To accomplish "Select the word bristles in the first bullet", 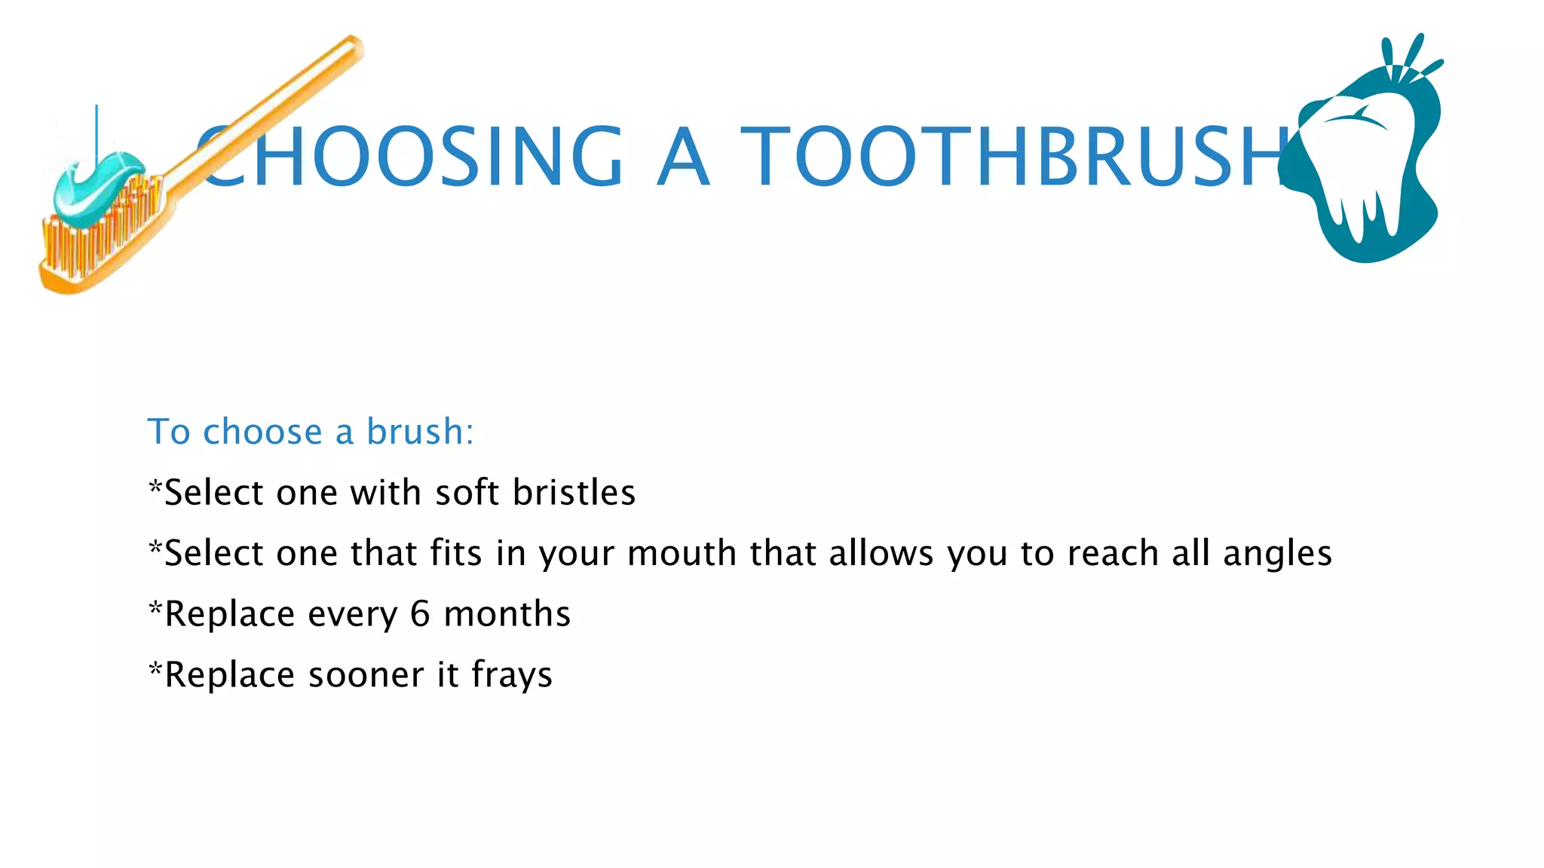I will point(574,493).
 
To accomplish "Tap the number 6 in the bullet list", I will point(420,614).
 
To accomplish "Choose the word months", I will point(507,614).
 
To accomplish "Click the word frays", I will point(512,676).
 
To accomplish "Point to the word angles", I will point(1277,555).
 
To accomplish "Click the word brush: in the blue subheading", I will point(420,432).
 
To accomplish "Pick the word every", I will point(352,615).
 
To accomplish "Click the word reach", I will point(1113,554).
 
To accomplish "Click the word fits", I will point(455,554).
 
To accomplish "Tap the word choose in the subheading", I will point(262,432).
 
